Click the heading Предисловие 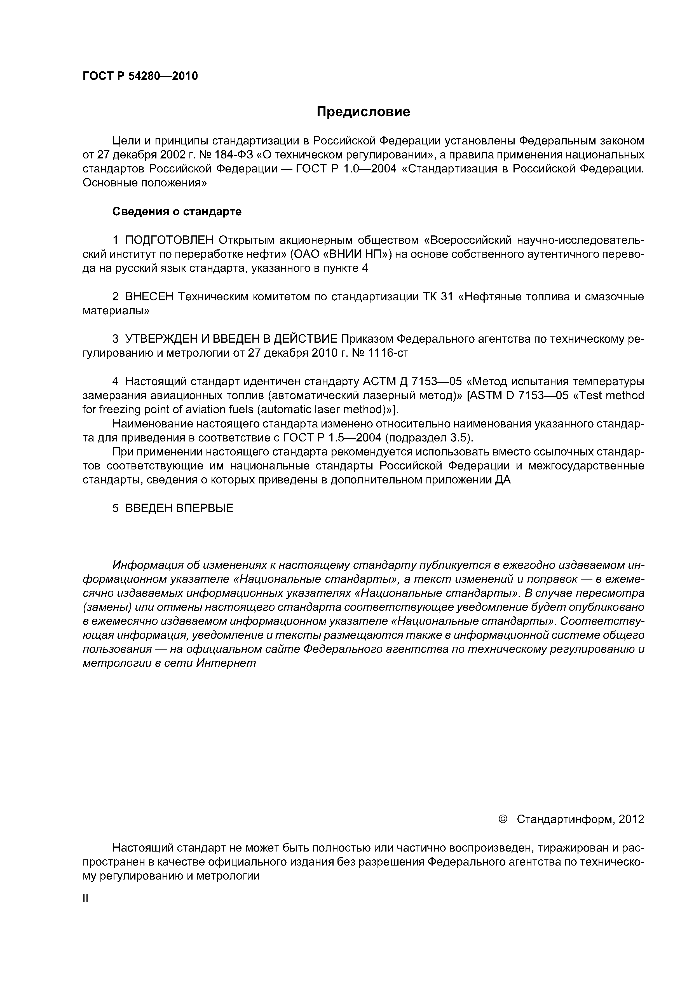point(363,112)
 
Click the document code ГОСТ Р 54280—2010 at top point(140,76)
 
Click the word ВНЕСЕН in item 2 point(149,297)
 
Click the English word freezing point(120,409)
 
